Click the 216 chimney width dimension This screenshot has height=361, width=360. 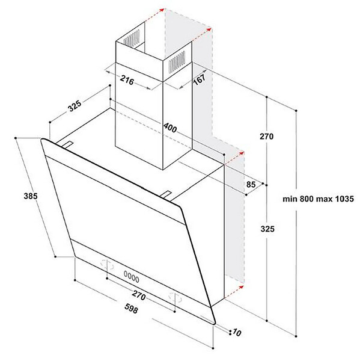pyautogui.click(x=127, y=80)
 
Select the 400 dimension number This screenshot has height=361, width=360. pyautogui.click(x=170, y=128)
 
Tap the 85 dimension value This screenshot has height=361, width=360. pyautogui.click(x=251, y=184)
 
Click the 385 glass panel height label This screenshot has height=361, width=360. pyautogui.click(x=31, y=196)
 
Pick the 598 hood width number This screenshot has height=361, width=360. pyautogui.click(x=131, y=308)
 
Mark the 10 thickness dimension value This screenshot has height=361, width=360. pyautogui.click(x=237, y=332)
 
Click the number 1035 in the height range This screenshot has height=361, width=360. pyautogui.click(x=344, y=199)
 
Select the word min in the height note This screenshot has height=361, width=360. pyautogui.click(x=290, y=199)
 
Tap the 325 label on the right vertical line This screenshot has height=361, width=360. pyautogui.click(x=267, y=229)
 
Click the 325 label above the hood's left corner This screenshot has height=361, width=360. pyautogui.click(x=75, y=106)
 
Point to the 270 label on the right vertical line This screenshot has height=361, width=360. pyautogui.click(x=267, y=137)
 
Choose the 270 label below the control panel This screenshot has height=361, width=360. pyautogui.click(x=139, y=295)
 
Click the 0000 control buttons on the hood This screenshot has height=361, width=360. pyautogui.click(x=132, y=277)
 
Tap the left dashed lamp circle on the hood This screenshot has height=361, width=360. pyautogui.click(x=108, y=265)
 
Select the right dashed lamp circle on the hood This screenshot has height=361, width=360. pyautogui.click(x=175, y=297)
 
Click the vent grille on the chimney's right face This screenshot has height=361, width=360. pyautogui.click(x=177, y=61)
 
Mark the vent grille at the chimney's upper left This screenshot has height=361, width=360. pyautogui.click(x=132, y=37)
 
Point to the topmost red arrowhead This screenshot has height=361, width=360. pyautogui.click(x=162, y=10)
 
